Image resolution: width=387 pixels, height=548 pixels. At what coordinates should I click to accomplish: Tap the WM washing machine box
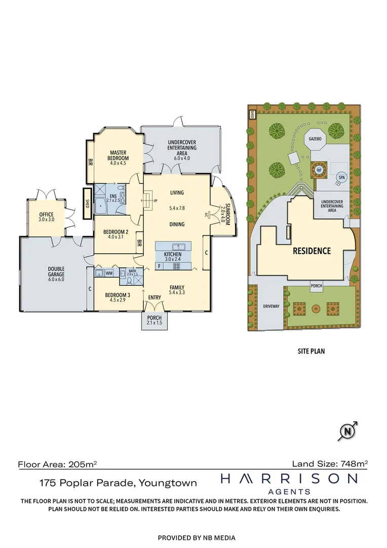(109, 273)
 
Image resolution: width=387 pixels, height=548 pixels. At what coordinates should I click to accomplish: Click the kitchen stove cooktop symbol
(176, 266)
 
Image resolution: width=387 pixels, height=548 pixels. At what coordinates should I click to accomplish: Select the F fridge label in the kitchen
(159, 266)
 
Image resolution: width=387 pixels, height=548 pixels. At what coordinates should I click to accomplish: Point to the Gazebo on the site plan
(315, 139)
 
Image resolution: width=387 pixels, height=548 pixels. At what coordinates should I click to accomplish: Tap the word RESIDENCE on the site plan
(312, 251)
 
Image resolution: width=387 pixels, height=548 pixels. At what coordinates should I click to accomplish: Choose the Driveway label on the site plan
(271, 306)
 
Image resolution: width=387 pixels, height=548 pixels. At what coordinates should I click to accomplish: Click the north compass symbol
(347, 431)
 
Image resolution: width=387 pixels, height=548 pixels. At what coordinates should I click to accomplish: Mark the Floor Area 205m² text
(57, 464)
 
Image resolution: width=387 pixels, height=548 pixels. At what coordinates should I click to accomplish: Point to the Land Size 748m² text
(330, 464)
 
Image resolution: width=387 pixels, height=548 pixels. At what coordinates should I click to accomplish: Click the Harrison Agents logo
(289, 484)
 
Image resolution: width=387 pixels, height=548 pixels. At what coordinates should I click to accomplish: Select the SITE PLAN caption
(311, 351)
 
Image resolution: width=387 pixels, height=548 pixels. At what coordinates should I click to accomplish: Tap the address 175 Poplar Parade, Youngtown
(119, 483)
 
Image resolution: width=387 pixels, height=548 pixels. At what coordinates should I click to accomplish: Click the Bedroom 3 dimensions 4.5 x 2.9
(117, 300)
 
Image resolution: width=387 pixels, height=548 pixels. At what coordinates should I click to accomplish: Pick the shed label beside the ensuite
(87, 204)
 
